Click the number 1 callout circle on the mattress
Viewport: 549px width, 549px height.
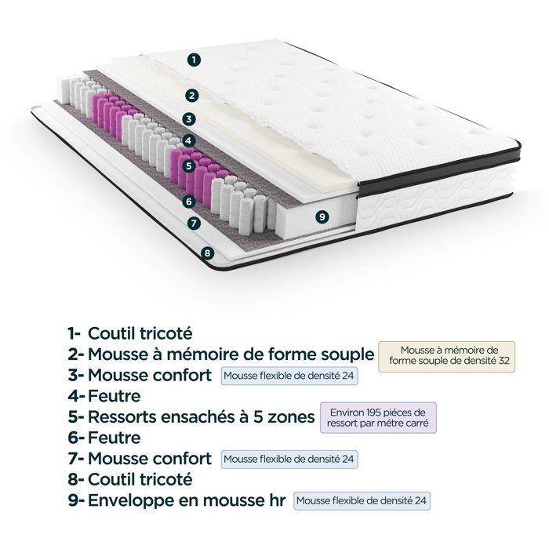tap(195, 59)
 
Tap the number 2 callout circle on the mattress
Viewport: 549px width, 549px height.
tap(190, 96)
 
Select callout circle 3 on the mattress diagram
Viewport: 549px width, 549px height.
tap(188, 119)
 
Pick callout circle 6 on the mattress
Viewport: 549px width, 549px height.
tap(188, 202)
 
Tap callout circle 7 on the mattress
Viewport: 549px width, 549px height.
tap(195, 223)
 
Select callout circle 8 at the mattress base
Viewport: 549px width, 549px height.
tap(207, 253)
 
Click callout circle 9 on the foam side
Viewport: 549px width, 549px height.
tap(320, 215)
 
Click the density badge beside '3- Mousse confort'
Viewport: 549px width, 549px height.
tap(289, 376)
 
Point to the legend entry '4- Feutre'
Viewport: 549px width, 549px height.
tap(104, 396)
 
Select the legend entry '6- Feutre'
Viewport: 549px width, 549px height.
tap(104, 437)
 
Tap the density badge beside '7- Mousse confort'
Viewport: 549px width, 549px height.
tap(289, 458)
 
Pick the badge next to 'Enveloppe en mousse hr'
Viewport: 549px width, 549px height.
tap(362, 499)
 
